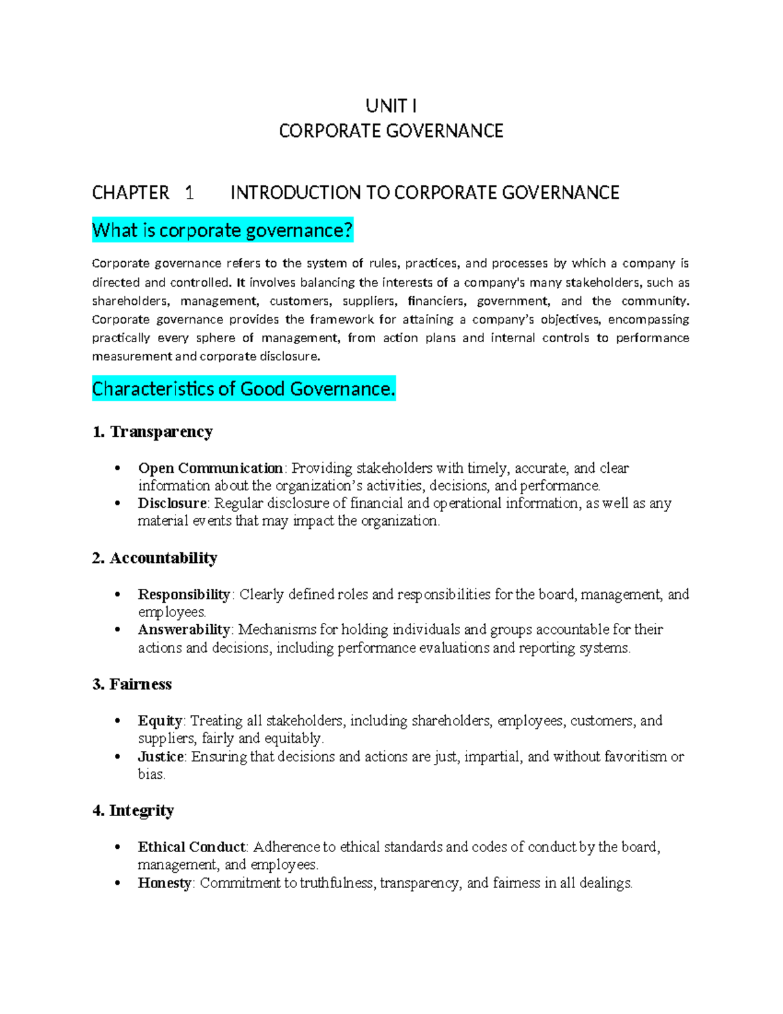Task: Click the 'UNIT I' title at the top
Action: click(x=391, y=106)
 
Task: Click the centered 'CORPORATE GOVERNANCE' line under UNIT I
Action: click(x=391, y=131)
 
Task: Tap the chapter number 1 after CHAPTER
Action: click(x=189, y=193)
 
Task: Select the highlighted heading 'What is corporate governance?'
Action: click(x=223, y=230)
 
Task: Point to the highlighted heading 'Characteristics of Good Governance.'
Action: click(x=243, y=389)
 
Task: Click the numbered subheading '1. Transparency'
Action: click(x=153, y=432)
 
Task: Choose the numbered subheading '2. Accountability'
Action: click(x=155, y=558)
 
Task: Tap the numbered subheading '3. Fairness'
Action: click(x=132, y=684)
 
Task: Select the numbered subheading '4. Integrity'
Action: click(x=133, y=811)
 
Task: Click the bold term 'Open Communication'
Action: click(x=210, y=468)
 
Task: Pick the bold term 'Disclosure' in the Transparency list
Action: click(x=172, y=503)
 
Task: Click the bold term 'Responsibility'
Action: click(x=184, y=595)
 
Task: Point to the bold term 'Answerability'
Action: click(x=184, y=630)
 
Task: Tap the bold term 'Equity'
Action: click(x=160, y=721)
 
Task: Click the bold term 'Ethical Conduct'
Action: click(x=192, y=848)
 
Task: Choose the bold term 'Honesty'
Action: click(x=164, y=883)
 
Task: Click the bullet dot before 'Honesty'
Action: click(x=117, y=883)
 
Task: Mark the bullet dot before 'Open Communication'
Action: click(x=117, y=468)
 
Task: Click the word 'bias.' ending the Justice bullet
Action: click(x=151, y=774)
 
